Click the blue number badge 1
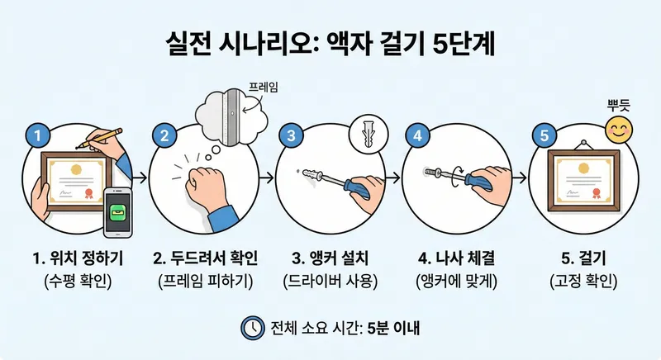tap(38, 135)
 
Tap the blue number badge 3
tap(292, 135)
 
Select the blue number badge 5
tap(544, 135)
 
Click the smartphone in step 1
tap(118, 212)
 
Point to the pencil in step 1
tap(99, 138)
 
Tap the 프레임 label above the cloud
tap(263, 88)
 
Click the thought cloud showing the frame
tap(232, 116)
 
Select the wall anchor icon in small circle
tap(369, 133)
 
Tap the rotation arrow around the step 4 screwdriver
tap(456, 177)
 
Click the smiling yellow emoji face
tap(619, 130)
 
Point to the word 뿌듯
tap(618, 105)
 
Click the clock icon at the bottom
tap(253, 328)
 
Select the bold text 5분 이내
tap(393, 328)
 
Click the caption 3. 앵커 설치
tap(330, 258)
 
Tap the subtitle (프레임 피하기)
tap(206, 282)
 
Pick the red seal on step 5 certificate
tap(596, 193)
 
